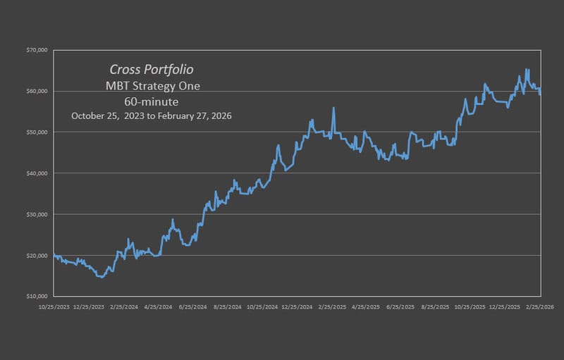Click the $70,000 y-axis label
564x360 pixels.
[37, 51]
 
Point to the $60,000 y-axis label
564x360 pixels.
[37, 92]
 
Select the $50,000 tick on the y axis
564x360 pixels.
[37, 132]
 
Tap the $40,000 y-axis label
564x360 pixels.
[37, 173]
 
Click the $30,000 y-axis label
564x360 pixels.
[37, 214]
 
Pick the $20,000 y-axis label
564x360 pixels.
[37, 255]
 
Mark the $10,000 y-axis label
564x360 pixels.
[37, 296]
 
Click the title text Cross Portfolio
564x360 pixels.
[152, 70]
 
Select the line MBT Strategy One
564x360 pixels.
[152, 86]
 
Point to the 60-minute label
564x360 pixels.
[152, 101]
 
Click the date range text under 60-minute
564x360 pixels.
[152, 116]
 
